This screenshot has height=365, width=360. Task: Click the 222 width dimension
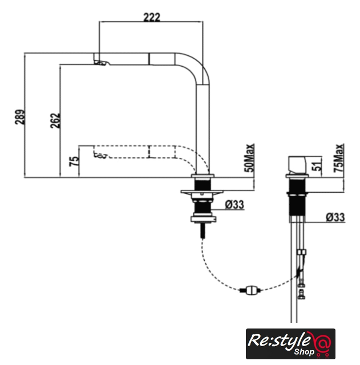tap(152, 18)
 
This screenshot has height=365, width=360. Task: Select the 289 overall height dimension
tap(20, 117)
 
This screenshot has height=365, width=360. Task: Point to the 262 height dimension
tap(55, 120)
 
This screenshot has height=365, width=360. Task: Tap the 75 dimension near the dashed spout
tap(74, 161)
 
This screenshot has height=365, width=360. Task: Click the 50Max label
tap(249, 158)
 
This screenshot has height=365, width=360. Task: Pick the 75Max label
tap(339, 158)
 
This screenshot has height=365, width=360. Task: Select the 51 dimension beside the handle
tap(318, 165)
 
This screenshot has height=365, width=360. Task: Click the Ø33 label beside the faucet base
tap(234, 205)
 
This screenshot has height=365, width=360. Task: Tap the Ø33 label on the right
tap(335, 217)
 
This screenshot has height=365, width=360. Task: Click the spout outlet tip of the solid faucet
tap(100, 62)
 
